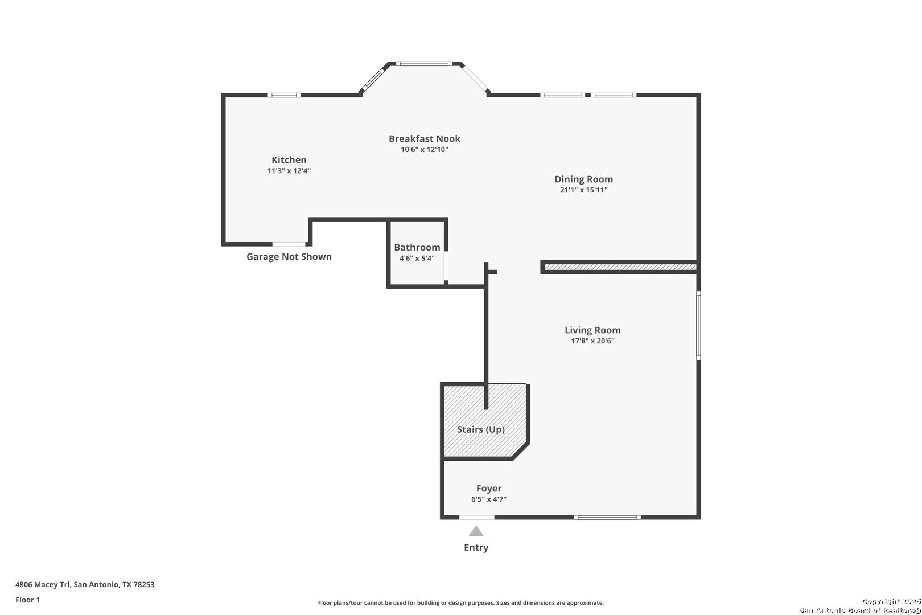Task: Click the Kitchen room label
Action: (x=289, y=160)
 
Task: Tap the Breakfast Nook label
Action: (x=425, y=139)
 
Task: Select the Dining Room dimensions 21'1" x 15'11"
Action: (x=584, y=190)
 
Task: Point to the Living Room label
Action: (x=592, y=330)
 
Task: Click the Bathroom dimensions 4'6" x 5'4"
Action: (x=417, y=259)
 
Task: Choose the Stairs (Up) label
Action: (x=481, y=429)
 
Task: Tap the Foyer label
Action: (x=489, y=489)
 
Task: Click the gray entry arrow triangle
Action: (x=476, y=531)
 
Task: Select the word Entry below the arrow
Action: (x=476, y=547)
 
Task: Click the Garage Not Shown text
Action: (x=289, y=257)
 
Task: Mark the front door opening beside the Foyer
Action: (x=476, y=518)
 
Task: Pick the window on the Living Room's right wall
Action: (x=698, y=325)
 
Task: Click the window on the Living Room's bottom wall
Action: (x=607, y=518)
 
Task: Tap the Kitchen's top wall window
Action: (x=284, y=95)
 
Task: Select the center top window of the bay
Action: (x=424, y=64)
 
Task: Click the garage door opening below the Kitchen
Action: (x=289, y=244)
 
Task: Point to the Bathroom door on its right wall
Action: (x=446, y=266)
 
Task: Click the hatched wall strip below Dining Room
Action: (x=620, y=267)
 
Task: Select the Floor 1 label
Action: (x=27, y=600)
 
